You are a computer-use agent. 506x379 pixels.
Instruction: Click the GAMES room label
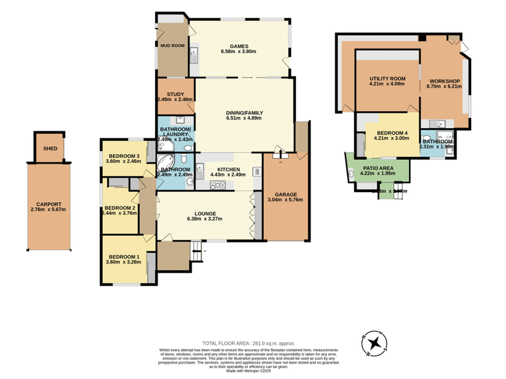(238, 46)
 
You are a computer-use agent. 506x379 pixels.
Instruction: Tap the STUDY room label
(171, 94)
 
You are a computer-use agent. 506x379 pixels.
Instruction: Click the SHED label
(50, 149)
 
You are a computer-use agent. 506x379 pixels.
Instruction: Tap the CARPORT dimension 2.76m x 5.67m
(48, 210)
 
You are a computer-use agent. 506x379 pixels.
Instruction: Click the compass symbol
(376, 344)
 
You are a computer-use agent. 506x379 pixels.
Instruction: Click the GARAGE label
(286, 194)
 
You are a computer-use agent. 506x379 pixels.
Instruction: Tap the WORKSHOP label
(443, 82)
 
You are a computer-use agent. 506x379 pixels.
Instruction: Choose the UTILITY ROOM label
(387, 79)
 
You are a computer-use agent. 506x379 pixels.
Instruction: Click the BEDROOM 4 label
(392, 133)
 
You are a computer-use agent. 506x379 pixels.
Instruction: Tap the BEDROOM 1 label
(123, 256)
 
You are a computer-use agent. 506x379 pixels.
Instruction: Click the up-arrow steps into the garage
(280, 152)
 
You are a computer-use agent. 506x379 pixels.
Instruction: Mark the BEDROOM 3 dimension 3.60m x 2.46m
(123, 162)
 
